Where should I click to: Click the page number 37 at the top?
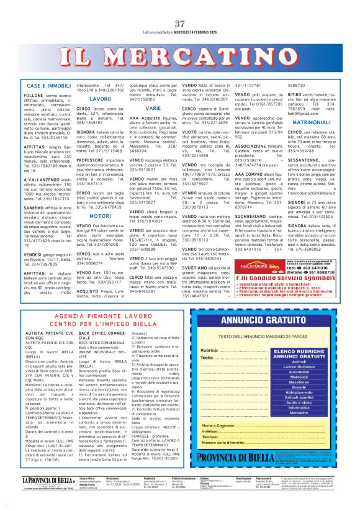point(179,7)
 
